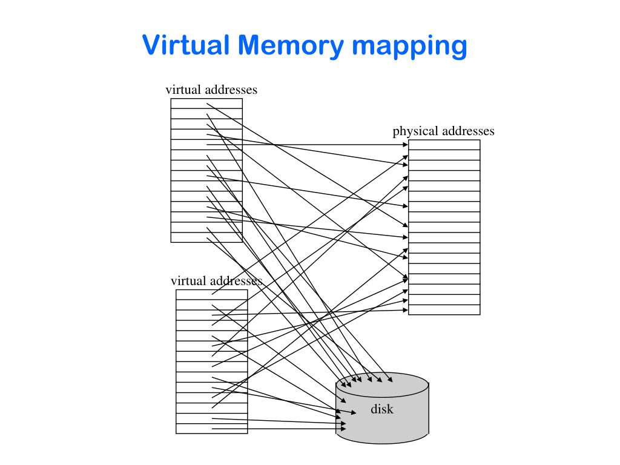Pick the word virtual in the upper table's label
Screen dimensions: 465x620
tap(183, 90)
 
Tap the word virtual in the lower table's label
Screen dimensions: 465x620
tap(189, 281)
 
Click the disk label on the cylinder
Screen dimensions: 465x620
tap(382, 409)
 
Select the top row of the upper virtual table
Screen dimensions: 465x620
tap(206, 104)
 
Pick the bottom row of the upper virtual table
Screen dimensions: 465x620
tap(206, 237)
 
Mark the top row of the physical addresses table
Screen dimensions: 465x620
tap(444, 145)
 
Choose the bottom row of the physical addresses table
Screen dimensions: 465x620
tap(444, 309)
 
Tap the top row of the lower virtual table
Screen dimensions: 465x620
tap(212, 294)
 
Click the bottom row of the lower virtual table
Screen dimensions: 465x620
tap(212, 428)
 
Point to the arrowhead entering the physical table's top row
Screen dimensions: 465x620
tap(405, 145)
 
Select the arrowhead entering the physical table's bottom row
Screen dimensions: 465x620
tap(405, 310)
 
